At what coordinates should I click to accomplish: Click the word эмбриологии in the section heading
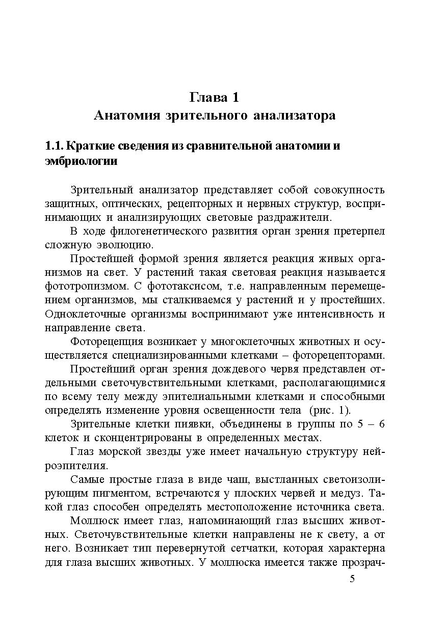pos(82,162)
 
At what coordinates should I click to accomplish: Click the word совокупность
pos(350,190)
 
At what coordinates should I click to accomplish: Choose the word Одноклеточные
pos(78,313)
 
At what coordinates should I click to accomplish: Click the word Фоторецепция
pos(104,341)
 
